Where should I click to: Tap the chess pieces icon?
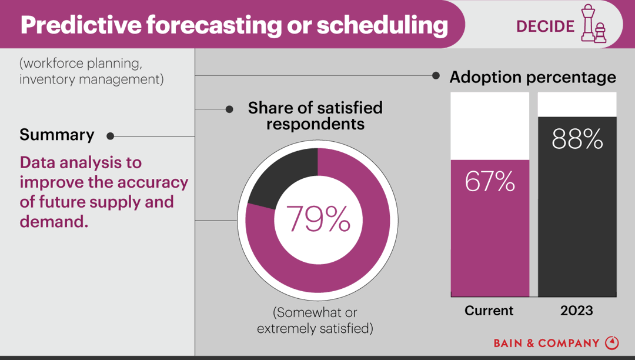pos(593,24)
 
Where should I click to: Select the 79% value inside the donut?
pos(317,219)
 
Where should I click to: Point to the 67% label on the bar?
pos(490,182)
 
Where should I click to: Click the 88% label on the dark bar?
pos(577,139)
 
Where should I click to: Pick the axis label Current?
pos(489,311)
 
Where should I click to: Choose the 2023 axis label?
pos(577,311)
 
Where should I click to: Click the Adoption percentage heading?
pos(533,77)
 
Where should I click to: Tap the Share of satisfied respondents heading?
pos(315,116)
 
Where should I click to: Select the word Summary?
pos(57,135)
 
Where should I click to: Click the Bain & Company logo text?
pos(546,343)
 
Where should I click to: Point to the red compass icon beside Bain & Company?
pos(611,342)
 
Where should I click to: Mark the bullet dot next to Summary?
pos(110,136)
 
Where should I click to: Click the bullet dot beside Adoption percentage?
pos(436,76)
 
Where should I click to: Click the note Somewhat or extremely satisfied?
pos(315,320)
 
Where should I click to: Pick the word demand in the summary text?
pos(52,222)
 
